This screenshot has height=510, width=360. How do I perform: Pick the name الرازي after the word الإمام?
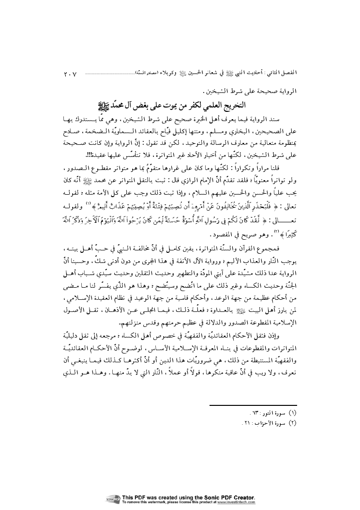(x=191, y=182)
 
